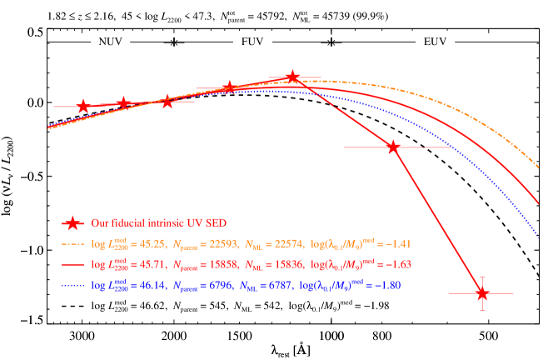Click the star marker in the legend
pos(73,223)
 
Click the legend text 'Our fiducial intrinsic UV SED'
pos(158,223)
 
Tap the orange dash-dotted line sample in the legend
pos(73,244)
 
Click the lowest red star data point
pos(481,293)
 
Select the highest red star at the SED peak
pos(292,77)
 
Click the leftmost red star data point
pos(83,107)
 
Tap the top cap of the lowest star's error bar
pos(481,277)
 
